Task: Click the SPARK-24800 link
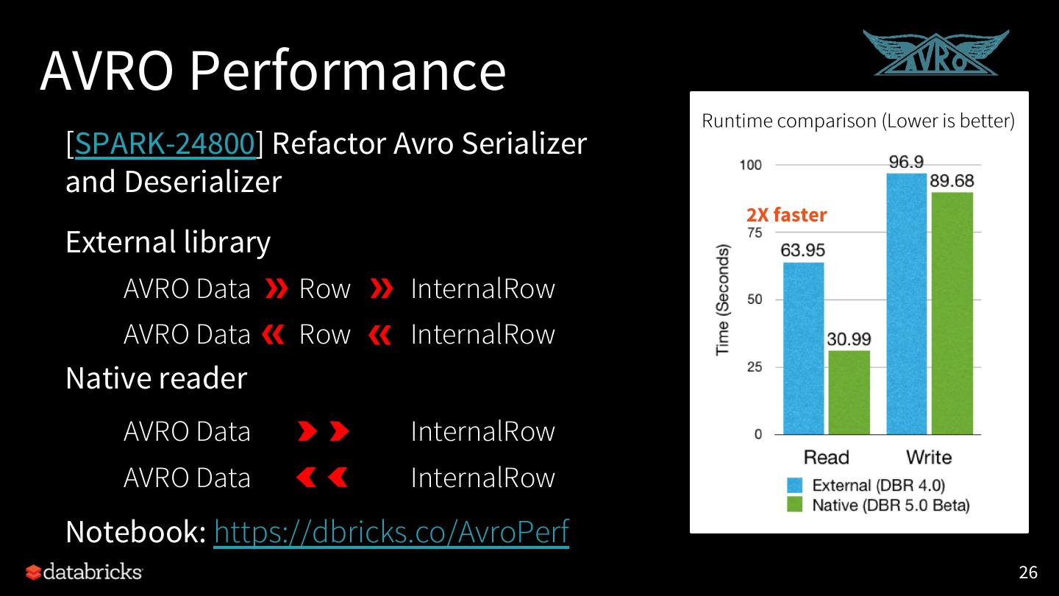point(165,143)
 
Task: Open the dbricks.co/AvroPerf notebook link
point(391,531)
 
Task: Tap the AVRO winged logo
point(935,54)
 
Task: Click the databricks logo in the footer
point(84,572)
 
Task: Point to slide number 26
point(1027,572)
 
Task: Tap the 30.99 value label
point(849,339)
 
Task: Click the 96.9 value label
point(906,162)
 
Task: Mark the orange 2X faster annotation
point(786,215)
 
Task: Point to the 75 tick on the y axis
point(754,233)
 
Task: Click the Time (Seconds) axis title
point(723,300)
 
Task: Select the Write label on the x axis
point(928,457)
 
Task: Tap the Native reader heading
point(156,378)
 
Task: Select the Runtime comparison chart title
point(858,121)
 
